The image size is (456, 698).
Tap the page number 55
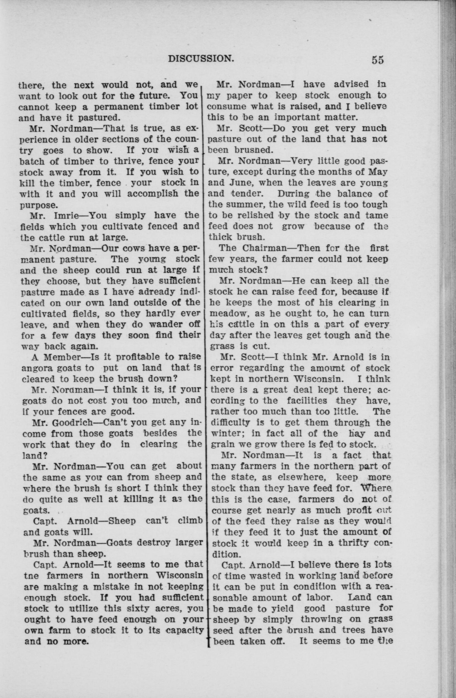click(377, 60)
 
